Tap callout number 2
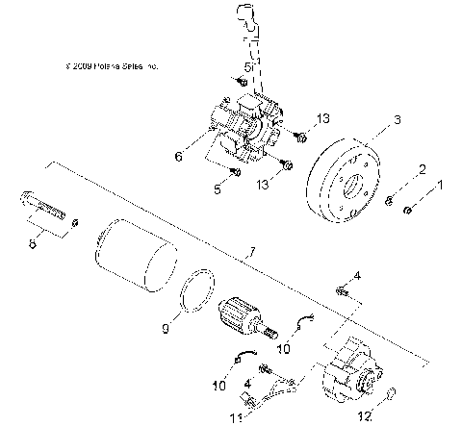(421, 170)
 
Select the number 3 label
(370, 121)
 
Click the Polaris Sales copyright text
(108, 66)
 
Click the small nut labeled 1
(409, 210)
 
